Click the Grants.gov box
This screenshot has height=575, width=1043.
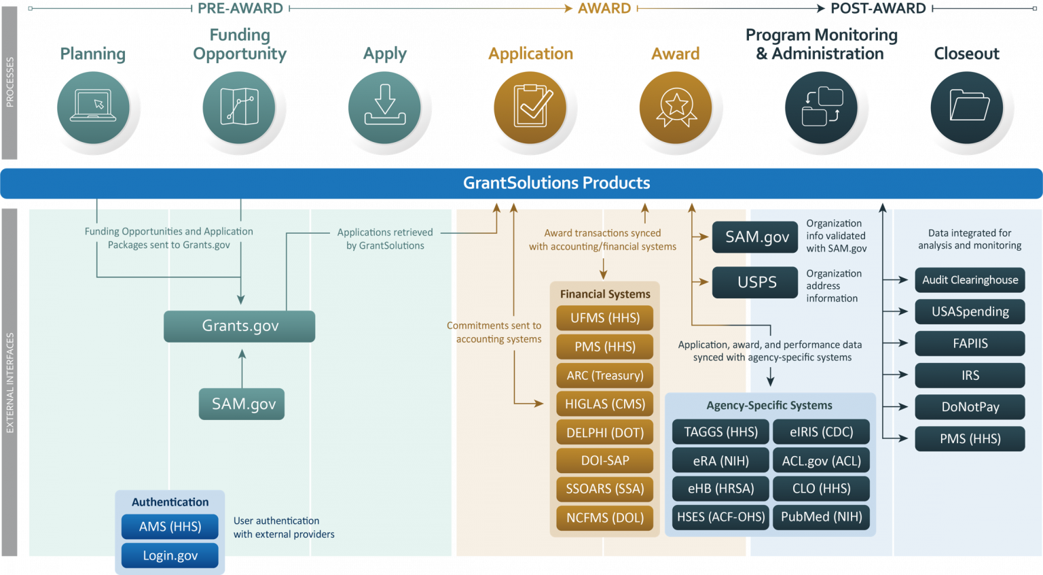[240, 326]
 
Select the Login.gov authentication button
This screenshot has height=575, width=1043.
[170, 555]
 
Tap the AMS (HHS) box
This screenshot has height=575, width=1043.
[170, 527]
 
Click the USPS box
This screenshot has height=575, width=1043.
[755, 282]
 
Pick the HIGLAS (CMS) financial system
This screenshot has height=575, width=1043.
[604, 404]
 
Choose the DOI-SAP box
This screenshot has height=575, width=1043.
[604, 461]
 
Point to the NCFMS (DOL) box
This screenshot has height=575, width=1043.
[604, 518]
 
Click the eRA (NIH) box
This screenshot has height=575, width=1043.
[720, 461]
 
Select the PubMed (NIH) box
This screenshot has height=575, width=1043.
[821, 517]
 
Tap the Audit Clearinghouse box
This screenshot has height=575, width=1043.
[970, 280]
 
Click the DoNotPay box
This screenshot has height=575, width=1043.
[970, 407]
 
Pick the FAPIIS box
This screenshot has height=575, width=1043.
[970, 343]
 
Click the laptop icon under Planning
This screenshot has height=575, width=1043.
[93, 107]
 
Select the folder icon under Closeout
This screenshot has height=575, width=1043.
[967, 107]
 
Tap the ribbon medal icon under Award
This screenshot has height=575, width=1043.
[676, 107]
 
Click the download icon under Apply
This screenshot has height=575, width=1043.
[384, 107]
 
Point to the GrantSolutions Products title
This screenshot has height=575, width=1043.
[556, 183]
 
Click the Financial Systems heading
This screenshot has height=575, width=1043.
[604, 294]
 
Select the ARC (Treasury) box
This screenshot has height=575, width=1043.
[604, 375]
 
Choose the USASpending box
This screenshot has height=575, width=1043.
[970, 312]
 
